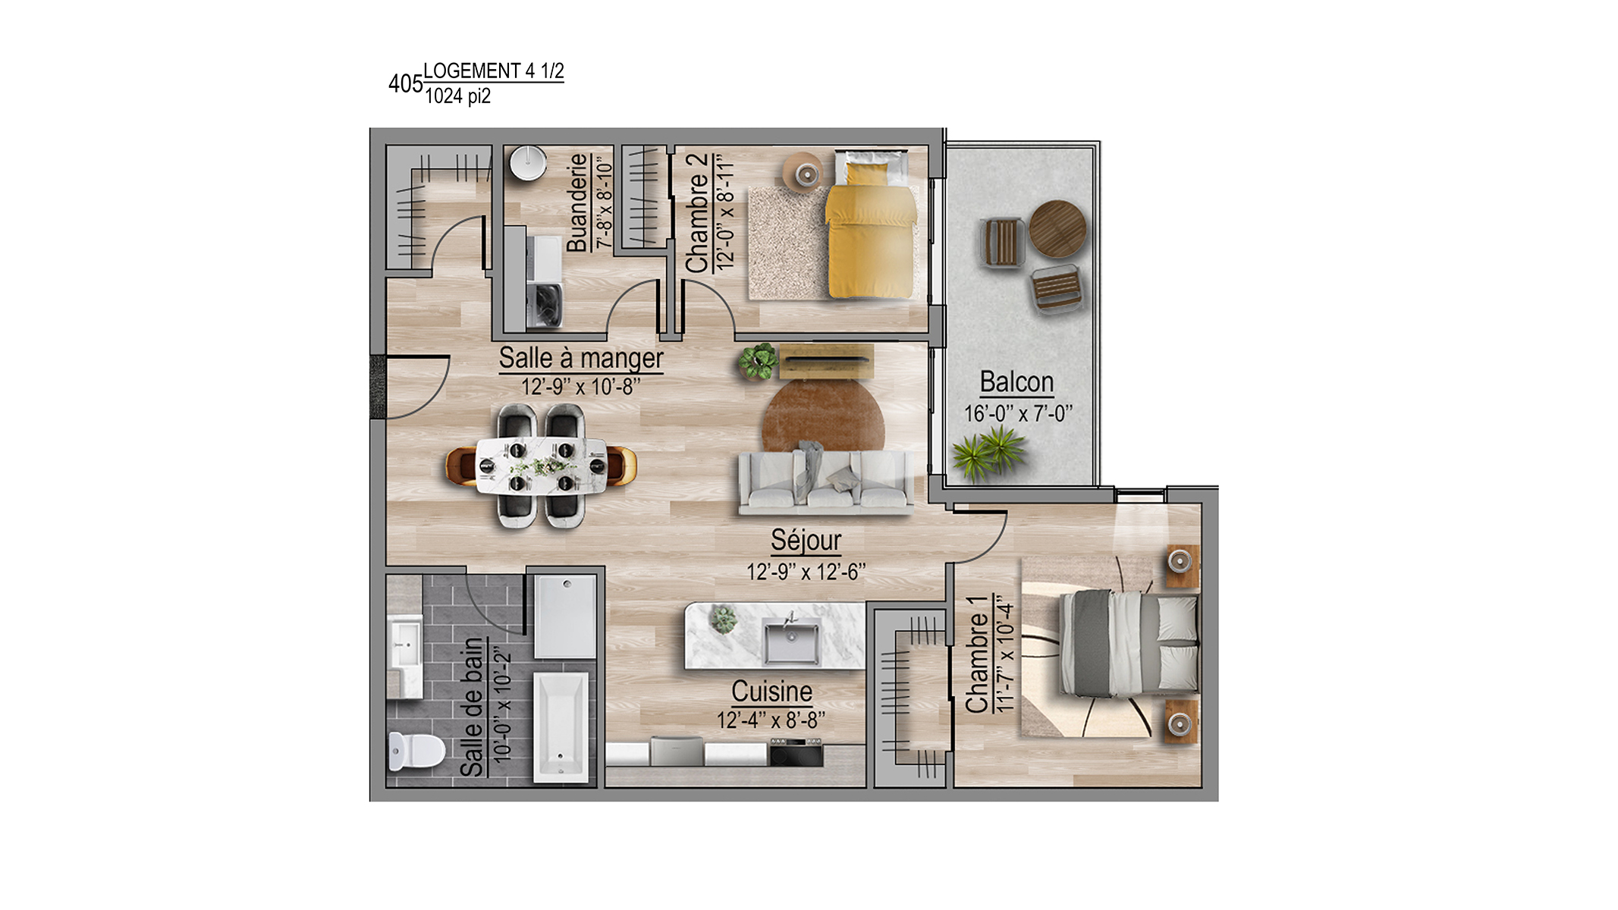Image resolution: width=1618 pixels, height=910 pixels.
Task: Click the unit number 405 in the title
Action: tap(405, 83)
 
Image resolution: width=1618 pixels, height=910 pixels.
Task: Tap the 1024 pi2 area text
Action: tap(457, 96)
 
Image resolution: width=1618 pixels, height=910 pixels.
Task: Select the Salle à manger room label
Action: tap(581, 358)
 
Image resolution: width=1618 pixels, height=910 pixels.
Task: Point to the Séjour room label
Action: tap(806, 540)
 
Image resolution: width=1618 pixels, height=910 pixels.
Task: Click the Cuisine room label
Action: tap(771, 692)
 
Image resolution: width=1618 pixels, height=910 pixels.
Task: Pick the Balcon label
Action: tap(1016, 381)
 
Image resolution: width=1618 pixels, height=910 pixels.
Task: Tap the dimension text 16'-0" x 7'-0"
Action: tap(1018, 414)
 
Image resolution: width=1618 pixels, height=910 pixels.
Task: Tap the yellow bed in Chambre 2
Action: tap(872, 224)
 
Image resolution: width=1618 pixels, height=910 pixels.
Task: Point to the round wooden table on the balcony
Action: tap(1057, 228)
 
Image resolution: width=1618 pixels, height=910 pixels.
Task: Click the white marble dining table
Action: tap(541, 466)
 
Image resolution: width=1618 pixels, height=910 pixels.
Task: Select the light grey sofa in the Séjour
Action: tap(825, 479)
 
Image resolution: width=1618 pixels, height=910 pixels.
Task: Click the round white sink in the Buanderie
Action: tap(528, 163)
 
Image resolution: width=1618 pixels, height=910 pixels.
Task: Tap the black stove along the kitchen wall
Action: tap(796, 752)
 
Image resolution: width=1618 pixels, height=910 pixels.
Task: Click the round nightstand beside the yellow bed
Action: tap(806, 174)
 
